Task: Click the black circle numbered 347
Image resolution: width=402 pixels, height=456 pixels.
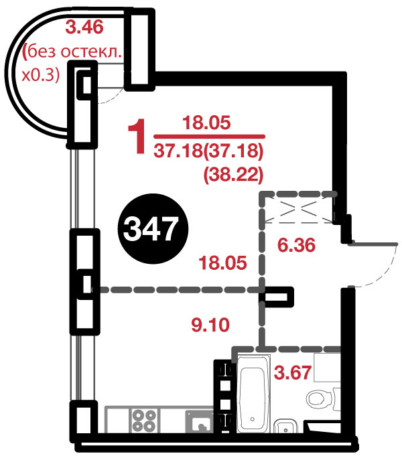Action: click(x=153, y=229)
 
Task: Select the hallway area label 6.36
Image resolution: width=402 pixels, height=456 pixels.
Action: click(x=296, y=244)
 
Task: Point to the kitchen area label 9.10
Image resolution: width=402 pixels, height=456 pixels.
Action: click(x=210, y=325)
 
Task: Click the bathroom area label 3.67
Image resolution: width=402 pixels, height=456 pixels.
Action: click(x=293, y=372)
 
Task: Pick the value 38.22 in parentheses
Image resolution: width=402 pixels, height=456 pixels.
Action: click(x=233, y=175)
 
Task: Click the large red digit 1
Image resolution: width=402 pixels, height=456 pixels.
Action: click(x=137, y=136)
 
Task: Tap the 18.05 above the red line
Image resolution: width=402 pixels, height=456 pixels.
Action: click(x=206, y=123)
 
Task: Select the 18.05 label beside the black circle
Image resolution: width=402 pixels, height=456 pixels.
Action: click(x=222, y=262)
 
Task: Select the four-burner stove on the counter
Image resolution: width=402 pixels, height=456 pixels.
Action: click(x=144, y=421)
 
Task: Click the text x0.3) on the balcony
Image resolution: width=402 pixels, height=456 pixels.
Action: click(x=41, y=75)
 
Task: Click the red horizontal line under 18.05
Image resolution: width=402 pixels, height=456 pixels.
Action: click(x=209, y=136)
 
